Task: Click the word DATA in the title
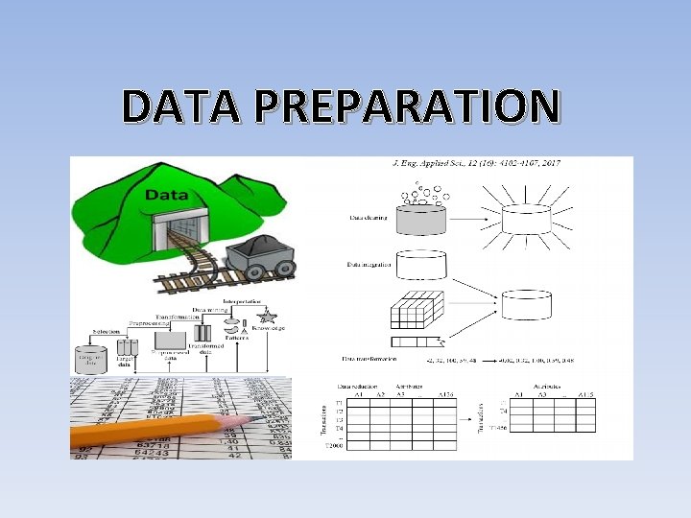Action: [177, 106]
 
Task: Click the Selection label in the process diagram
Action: [107, 332]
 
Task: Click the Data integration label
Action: [369, 264]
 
